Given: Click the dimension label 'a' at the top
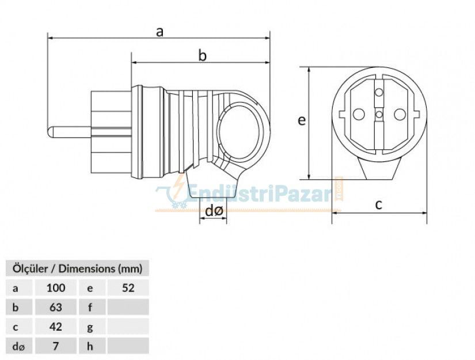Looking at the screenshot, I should tap(159, 32).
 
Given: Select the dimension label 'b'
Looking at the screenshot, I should tap(202, 55).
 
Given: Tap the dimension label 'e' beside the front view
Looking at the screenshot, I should tap(301, 120).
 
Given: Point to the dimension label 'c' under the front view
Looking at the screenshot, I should tap(379, 204).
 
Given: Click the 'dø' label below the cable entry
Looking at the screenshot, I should tap(214, 211).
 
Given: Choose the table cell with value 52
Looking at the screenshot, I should tap(128, 287).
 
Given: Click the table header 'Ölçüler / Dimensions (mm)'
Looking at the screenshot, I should tap(77, 268).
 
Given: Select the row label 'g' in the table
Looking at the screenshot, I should tap(91, 327).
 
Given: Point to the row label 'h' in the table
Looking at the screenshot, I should tap(91, 346).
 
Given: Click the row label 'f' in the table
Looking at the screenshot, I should tap(91, 307).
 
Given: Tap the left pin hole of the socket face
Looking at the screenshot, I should tap(359, 115).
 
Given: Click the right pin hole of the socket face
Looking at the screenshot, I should tap(399, 115).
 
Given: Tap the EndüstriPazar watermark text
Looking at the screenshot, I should tap(259, 194).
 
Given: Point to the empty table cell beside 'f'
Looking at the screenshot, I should tap(128, 307).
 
